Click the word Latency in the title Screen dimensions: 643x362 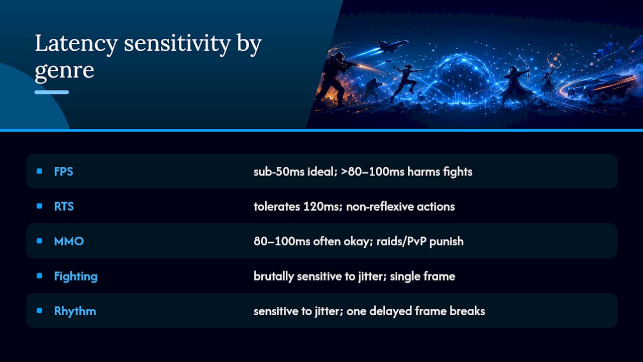pos(76,44)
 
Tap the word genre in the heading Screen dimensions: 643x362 pos(64,71)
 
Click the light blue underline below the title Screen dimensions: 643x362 pos(52,92)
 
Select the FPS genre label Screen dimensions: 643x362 pos(63,171)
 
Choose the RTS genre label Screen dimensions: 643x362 pos(64,206)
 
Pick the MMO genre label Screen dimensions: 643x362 pos(69,241)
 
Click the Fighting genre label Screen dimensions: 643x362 pos(76,277)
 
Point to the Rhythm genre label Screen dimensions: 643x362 pos(75,311)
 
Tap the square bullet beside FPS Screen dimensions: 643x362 pos(40,171)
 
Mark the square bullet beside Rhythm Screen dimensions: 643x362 pos(40,311)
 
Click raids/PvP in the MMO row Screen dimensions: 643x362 pos(401,242)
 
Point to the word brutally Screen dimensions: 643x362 pos(274,277)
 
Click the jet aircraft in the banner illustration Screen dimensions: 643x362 pos(390,45)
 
